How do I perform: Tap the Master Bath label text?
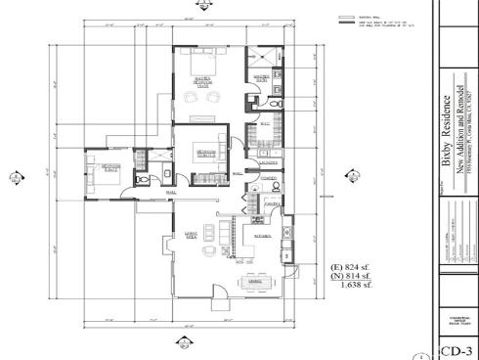tap(263, 78)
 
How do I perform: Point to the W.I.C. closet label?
tap(264, 123)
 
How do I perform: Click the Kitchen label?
tap(263, 236)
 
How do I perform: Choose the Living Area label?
tap(192, 234)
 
